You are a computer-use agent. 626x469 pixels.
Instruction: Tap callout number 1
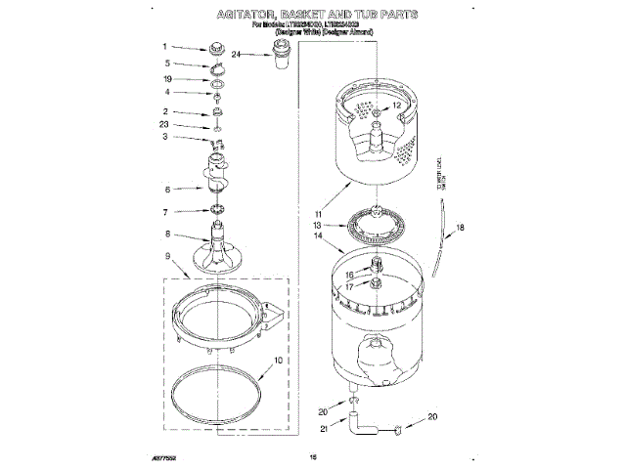pos(166,45)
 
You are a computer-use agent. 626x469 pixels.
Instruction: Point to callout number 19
pos(167,78)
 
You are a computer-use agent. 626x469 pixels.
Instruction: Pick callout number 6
pos(167,190)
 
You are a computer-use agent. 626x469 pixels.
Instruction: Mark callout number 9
pos(167,257)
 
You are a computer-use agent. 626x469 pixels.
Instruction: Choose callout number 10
pos(278,361)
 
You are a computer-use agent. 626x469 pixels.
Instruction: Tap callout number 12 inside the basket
pos(397,105)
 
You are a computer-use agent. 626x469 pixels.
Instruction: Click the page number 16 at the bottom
pos(314,455)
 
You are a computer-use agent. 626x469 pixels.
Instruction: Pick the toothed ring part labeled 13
pos(373,224)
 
